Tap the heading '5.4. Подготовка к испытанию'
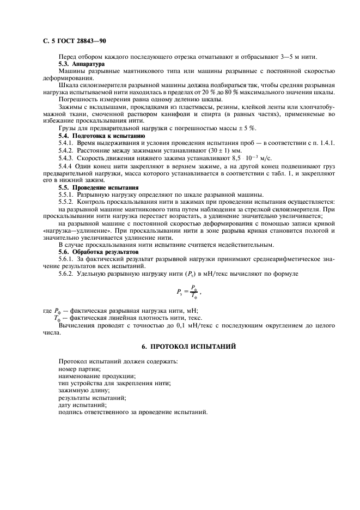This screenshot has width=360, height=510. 101,135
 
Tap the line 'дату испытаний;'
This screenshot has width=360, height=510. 83,405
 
